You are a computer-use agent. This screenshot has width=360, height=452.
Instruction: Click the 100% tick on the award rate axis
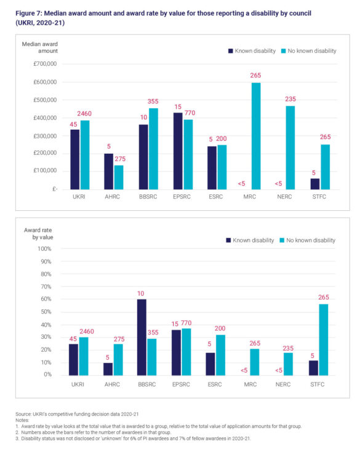(44, 248)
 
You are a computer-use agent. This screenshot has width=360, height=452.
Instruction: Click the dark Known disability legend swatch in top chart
(230, 51)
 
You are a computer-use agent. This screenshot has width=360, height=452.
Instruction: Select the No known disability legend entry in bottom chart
(305, 240)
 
